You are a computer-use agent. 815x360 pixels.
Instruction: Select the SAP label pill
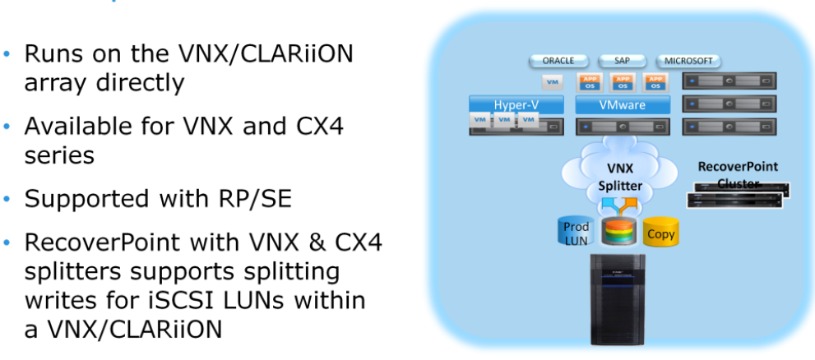[x=623, y=61]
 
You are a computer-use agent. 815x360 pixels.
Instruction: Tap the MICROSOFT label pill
[x=688, y=61]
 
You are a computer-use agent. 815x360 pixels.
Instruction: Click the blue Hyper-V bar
[x=516, y=105]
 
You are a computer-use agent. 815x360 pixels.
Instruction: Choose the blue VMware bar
[x=623, y=105]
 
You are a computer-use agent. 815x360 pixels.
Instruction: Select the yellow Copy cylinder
[x=660, y=233]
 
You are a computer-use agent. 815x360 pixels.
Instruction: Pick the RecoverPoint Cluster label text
[x=737, y=174]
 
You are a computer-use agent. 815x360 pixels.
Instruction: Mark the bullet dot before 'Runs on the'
[x=10, y=56]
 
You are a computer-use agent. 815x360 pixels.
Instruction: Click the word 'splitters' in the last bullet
[x=80, y=273]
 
